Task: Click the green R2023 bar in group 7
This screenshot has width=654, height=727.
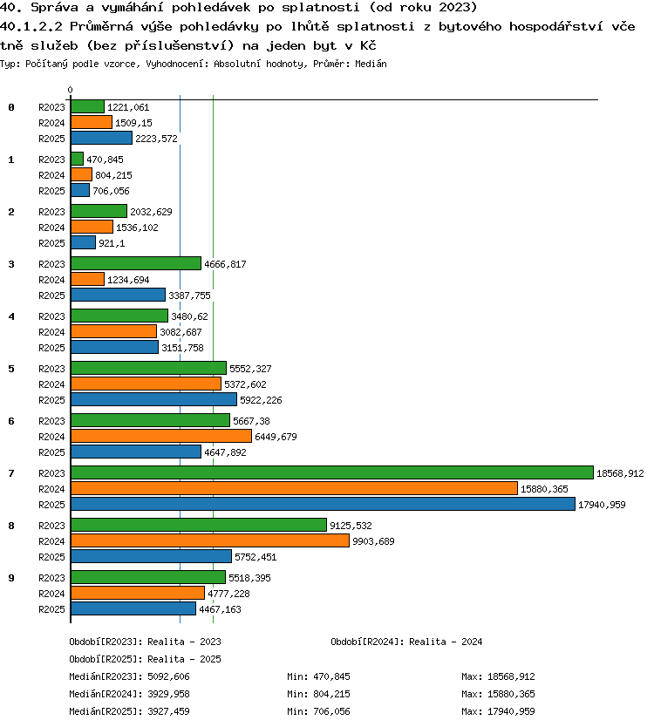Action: coord(332,472)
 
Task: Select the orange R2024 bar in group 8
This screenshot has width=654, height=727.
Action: coord(210,540)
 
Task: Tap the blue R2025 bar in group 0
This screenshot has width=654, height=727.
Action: coord(101,138)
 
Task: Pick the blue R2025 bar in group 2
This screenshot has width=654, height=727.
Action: coord(84,242)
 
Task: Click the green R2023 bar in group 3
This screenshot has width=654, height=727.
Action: coord(136,263)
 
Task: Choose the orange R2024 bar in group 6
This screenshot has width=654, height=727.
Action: coord(161,436)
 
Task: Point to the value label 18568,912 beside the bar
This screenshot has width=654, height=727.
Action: coord(620,473)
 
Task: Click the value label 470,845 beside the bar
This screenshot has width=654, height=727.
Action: coord(105,160)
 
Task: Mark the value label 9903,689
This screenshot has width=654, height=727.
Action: coord(373,541)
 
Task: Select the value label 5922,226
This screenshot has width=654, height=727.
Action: coord(261,400)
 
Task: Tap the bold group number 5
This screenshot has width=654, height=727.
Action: coord(11,369)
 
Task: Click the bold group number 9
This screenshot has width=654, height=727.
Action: coord(11,578)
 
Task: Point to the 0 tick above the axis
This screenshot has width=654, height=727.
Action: coord(70,90)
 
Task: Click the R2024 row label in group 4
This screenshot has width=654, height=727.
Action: coord(51,332)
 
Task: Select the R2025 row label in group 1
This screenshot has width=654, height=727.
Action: coord(51,191)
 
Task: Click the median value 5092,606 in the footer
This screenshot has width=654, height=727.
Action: coord(168,676)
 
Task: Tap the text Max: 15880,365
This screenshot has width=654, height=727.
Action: coord(498,694)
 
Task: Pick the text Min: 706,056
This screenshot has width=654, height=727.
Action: coord(318,711)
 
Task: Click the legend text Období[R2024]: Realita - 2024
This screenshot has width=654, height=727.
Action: coord(406,642)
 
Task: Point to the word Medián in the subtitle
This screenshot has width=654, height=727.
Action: coord(371,64)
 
